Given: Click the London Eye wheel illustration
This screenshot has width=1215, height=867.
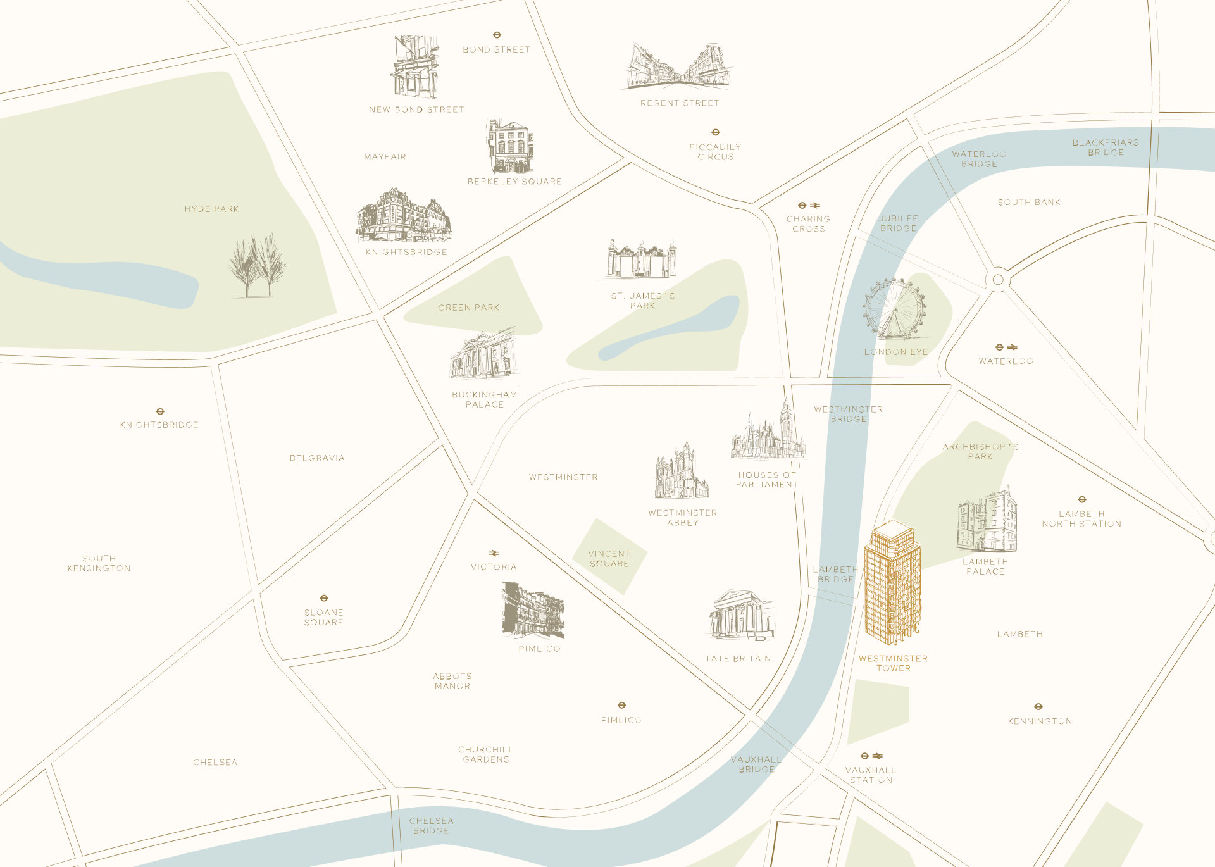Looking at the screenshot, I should [x=894, y=309].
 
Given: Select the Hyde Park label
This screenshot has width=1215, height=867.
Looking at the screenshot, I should [x=211, y=209].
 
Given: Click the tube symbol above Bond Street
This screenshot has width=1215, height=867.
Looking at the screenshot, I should [x=497, y=35].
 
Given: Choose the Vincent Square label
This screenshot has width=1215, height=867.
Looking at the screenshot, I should [x=609, y=559].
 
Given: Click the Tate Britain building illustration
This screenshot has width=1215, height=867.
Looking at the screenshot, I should [x=741, y=615].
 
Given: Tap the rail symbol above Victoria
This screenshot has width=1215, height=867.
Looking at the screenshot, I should [x=494, y=554].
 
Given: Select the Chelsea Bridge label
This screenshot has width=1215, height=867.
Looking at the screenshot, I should [x=431, y=826].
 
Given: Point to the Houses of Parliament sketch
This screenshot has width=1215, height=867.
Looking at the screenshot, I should [x=768, y=433].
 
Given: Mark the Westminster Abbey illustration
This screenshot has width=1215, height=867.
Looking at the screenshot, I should [x=681, y=471].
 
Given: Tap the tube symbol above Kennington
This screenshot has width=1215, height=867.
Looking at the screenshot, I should [x=1038, y=706].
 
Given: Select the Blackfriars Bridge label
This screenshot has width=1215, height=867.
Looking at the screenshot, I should [x=1106, y=147].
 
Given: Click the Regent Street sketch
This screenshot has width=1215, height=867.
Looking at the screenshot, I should [x=679, y=66].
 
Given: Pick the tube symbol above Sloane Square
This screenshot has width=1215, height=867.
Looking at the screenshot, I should [x=324, y=598].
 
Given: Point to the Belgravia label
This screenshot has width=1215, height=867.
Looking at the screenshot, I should [x=317, y=458].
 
